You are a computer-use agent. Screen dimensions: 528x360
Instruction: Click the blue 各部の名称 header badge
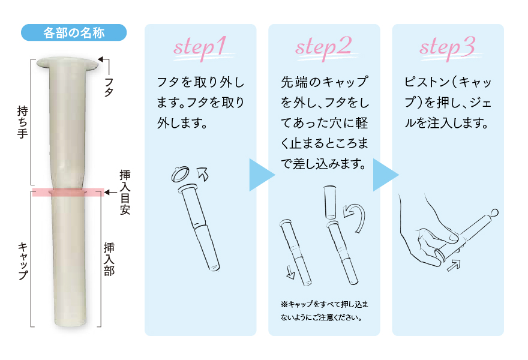point(74,32)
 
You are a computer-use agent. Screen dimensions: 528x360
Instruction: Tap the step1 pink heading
point(200,47)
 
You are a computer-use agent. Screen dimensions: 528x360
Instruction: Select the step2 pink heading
point(324,47)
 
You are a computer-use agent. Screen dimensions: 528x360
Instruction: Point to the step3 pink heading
point(448,47)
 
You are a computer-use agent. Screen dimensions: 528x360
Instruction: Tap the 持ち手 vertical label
point(23,122)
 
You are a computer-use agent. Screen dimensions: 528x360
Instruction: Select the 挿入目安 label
point(125,192)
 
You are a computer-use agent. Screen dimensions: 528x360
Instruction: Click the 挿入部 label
point(109,259)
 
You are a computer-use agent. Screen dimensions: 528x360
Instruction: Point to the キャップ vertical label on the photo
point(23,260)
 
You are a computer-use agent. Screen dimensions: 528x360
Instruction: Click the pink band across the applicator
point(68,192)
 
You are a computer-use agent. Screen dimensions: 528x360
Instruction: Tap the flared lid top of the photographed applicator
point(67,64)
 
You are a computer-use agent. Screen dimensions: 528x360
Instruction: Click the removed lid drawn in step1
point(181,174)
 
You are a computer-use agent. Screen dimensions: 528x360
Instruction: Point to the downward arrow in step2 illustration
point(290,272)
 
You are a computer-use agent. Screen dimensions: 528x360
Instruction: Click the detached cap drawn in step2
point(330,202)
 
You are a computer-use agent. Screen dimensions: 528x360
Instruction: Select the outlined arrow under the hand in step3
point(453,265)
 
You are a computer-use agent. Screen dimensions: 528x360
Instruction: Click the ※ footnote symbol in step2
point(284,304)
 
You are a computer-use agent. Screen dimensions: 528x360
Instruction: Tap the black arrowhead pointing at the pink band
point(107,192)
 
